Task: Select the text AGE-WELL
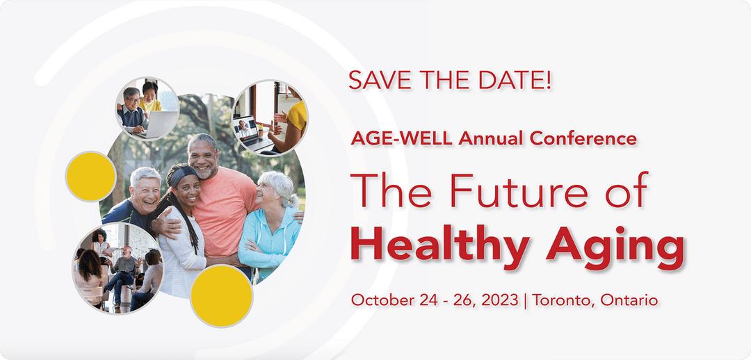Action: [394, 138]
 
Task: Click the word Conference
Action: [583, 138]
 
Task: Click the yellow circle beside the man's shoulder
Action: [90, 177]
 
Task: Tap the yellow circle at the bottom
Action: [221, 296]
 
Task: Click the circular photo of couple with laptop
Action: [147, 108]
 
